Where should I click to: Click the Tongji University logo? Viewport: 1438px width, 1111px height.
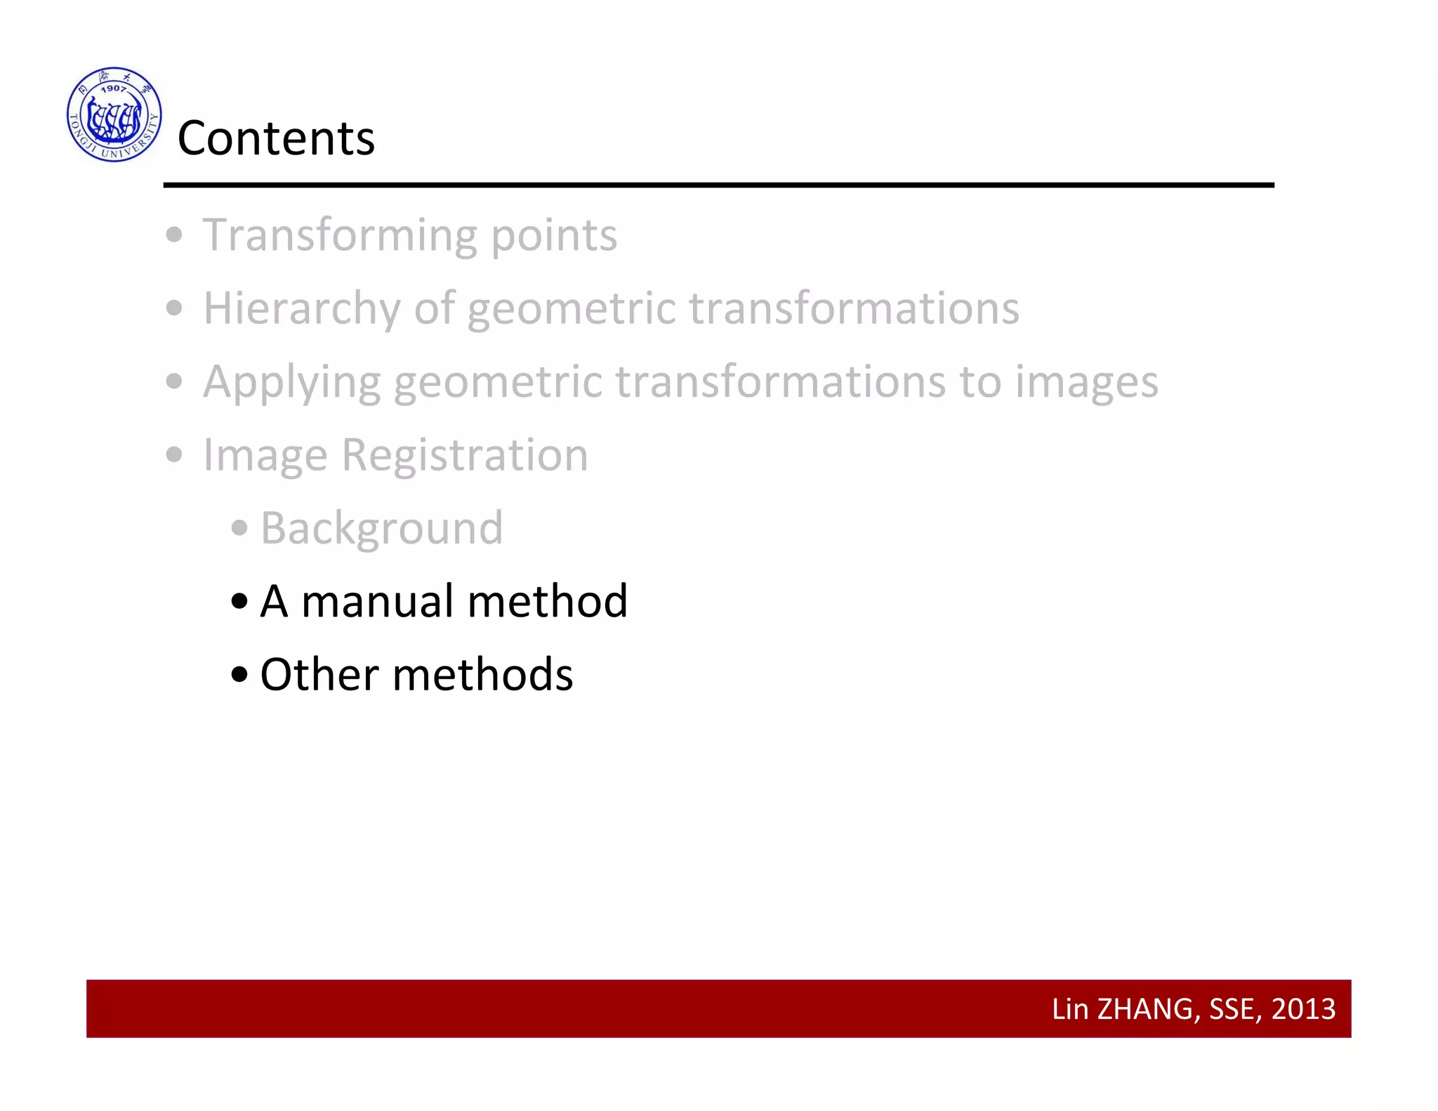(x=114, y=114)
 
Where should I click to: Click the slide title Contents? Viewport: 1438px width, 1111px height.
(x=276, y=138)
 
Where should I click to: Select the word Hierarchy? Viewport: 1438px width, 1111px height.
(x=302, y=309)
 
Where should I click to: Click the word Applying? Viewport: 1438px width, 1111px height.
(x=291, y=383)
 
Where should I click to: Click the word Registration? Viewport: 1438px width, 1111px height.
(x=464, y=455)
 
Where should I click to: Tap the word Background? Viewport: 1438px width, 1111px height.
(x=381, y=528)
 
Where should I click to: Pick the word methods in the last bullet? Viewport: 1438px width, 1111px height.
(x=482, y=675)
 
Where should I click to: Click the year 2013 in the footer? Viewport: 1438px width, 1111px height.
(x=1303, y=1009)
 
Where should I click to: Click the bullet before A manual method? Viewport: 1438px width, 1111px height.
(x=239, y=602)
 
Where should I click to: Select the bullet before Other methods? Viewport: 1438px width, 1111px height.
(x=239, y=675)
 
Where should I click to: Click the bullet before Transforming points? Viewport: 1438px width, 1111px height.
(x=174, y=235)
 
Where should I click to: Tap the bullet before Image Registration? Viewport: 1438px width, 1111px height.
(x=174, y=455)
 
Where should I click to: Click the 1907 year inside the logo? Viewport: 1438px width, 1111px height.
(x=113, y=88)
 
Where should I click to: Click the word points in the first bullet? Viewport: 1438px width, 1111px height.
(x=553, y=235)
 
